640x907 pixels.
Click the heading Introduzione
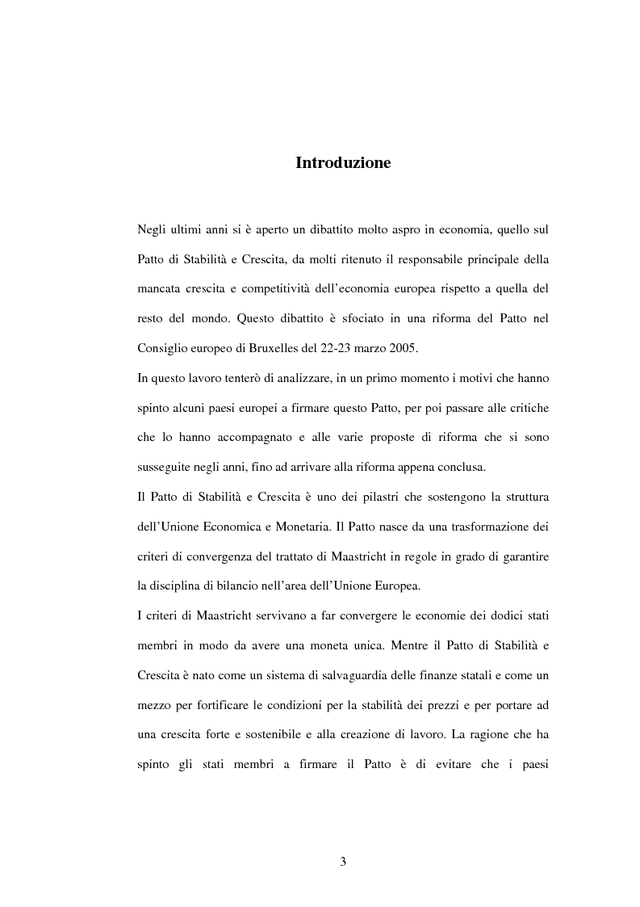pyautogui.click(x=343, y=163)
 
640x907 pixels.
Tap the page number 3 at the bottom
pyautogui.click(x=342, y=862)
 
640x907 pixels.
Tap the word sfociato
pyautogui.click(x=336, y=319)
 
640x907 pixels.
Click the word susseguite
pyautogui.click(x=166, y=467)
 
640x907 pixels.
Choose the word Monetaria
pyautogui.click(x=302, y=526)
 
